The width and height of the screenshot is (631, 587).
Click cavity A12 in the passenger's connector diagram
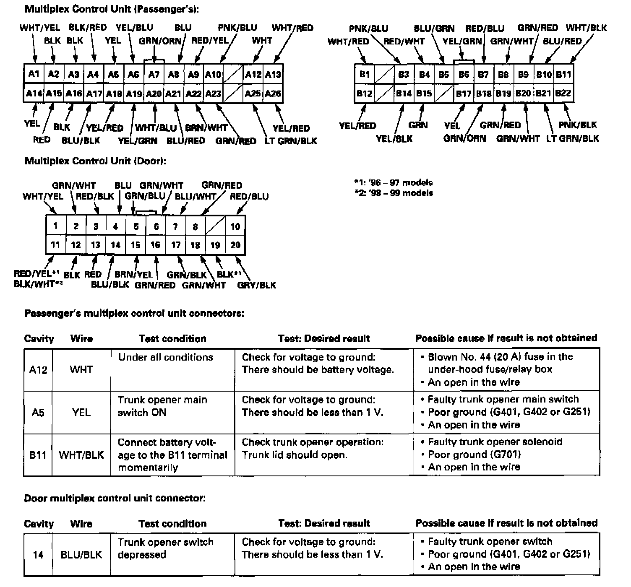point(253,74)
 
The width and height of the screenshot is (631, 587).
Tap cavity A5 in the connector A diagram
point(113,74)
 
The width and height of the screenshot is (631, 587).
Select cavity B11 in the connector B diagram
point(563,75)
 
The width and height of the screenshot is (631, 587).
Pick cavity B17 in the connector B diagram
point(464,93)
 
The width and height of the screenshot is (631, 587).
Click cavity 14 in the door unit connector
point(115,245)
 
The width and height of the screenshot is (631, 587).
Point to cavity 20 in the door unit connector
point(235,245)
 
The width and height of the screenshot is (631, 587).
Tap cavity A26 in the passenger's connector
point(273,93)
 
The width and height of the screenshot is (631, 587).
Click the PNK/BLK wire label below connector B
point(577,125)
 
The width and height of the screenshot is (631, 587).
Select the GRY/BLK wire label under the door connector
point(256,285)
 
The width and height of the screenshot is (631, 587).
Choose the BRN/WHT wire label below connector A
point(206,127)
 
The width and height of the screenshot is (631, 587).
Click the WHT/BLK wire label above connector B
point(586,28)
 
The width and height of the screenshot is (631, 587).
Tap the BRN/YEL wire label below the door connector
point(134,275)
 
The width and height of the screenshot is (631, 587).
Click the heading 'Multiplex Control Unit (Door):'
point(95,161)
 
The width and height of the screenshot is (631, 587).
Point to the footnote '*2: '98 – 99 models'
point(393,193)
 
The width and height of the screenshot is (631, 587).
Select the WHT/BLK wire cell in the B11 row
point(81,455)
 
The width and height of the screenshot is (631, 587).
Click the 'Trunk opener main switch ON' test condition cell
point(162,406)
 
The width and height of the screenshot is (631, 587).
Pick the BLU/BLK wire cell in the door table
point(81,555)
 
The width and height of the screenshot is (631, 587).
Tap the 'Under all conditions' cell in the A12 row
point(165,357)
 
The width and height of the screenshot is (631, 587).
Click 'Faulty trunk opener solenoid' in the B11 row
point(495,442)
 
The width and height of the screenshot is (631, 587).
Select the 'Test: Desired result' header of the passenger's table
point(324,338)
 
